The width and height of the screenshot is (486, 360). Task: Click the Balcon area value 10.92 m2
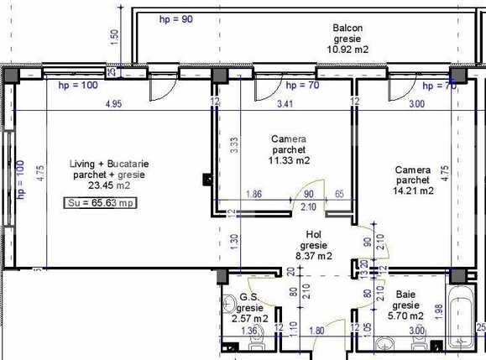coord(348,50)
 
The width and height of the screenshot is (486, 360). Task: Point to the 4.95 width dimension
coord(114,104)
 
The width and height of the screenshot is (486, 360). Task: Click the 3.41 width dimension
coord(287,104)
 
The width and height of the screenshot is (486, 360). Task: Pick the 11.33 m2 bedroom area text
coord(289,160)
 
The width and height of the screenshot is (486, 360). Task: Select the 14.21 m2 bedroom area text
coord(413,190)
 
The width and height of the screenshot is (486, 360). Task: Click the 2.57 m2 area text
coord(249,318)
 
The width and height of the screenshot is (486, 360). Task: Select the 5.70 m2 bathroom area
coord(405,318)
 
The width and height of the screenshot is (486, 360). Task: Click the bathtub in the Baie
coord(460,319)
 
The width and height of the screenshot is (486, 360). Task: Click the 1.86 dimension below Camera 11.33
coord(255,195)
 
